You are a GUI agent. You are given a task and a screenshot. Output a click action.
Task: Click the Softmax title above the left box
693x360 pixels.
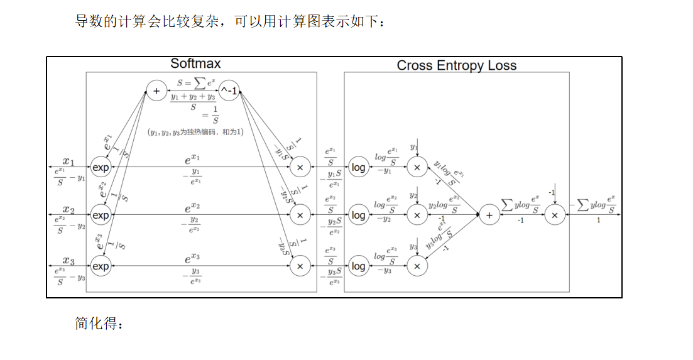(x=195, y=64)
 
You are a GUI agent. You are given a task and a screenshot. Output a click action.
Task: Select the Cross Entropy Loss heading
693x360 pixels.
(x=456, y=65)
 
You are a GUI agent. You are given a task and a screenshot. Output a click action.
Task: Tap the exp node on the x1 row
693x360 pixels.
(x=101, y=168)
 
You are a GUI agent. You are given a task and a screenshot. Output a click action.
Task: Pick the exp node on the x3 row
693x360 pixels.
(x=101, y=266)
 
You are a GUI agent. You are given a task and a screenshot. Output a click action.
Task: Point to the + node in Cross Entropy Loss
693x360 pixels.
(x=489, y=215)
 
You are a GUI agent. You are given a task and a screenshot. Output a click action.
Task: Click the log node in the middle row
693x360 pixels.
(x=358, y=215)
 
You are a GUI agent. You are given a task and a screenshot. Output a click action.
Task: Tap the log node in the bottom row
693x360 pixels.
(x=358, y=266)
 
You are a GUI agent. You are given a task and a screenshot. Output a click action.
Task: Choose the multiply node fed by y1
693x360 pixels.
(x=417, y=168)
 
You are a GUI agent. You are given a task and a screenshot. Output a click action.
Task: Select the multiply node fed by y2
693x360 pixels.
(x=417, y=215)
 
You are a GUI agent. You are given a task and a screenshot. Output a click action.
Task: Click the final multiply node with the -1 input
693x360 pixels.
(x=554, y=215)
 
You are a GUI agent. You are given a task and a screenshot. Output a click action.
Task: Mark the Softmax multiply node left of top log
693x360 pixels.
(x=300, y=168)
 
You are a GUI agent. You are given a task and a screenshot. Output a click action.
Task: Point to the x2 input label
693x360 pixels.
(x=68, y=209)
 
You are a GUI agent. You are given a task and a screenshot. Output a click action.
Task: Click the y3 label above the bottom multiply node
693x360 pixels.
(x=413, y=247)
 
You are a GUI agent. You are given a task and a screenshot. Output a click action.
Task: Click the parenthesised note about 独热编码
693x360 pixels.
(x=195, y=132)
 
